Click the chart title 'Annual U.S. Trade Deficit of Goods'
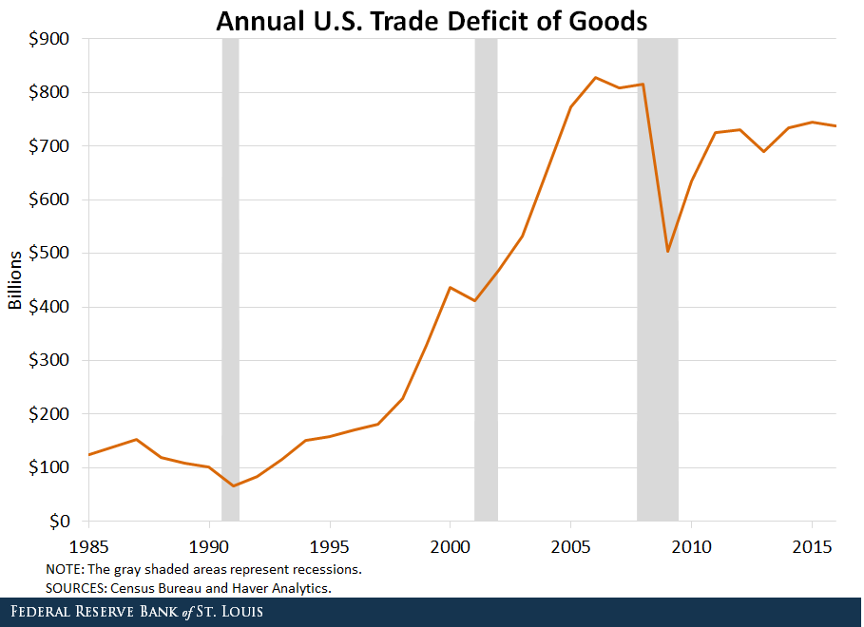432,21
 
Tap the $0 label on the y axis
63,522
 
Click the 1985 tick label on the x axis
88,548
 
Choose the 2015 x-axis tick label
813,548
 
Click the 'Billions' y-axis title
16,280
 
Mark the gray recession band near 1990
230,280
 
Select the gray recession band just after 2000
486,280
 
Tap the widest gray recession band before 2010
658,280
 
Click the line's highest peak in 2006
595,78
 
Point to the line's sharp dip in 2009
668,251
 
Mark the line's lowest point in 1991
234,485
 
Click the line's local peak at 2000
450,287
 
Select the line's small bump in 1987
137,439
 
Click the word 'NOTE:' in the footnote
64,569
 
